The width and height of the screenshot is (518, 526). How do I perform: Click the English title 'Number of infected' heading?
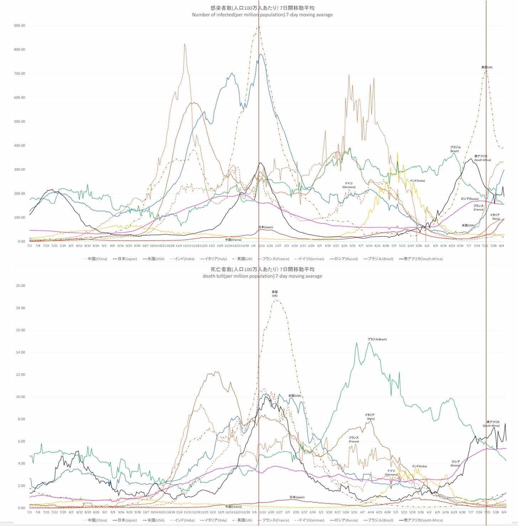click(262, 15)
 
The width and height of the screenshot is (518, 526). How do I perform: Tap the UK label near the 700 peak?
click(487, 67)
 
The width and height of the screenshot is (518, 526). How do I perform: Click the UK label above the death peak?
click(275, 293)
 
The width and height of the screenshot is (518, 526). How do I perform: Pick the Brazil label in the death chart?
click(377, 339)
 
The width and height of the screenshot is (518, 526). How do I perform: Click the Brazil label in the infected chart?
click(455, 149)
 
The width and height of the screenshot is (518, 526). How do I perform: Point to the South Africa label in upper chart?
click(482, 158)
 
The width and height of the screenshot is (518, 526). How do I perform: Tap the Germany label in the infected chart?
click(349, 185)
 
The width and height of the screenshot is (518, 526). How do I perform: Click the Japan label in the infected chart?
click(265, 227)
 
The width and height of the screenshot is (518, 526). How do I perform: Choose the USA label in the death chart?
click(295, 395)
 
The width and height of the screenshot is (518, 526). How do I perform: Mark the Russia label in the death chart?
click(455, 463)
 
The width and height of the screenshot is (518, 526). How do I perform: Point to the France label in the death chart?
click(353, 440)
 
